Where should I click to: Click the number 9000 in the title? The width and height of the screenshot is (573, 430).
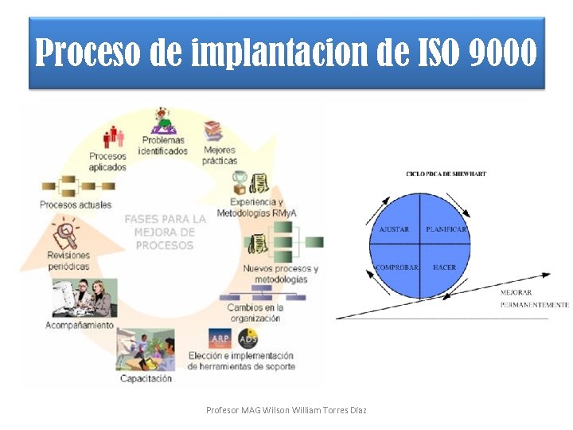pyautogui.click(x=503, y=53)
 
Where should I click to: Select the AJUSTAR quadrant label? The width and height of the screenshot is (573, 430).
pyautogui.click(x=394, y=229)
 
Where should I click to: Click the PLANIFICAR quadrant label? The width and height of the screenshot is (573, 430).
pyautogui.click(x=446, y=229)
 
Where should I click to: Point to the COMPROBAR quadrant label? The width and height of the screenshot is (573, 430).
pyautogui.click(x=396, y=268)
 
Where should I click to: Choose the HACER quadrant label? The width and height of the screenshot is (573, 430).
pyautogui.click(x=444, y=268)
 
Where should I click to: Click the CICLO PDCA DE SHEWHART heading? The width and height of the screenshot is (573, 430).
pyautogui.click(x=446, y=173)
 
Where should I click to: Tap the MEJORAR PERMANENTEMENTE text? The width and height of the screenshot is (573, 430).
pyautogui.click(x=534, y=299)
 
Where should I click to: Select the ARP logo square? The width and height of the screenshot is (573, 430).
pyautogui.click(x=220, y=338)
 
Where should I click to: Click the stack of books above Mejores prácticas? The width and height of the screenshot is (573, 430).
pyautogui.click(x=212, y=130)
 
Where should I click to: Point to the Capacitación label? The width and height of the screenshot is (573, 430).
pyautogui.click(x=146, y=379)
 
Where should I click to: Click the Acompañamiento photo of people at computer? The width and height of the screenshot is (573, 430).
pyautogui.click(x=84, y=299)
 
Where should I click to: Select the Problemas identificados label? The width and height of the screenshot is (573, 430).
pyautogui.click(x=163, y=146)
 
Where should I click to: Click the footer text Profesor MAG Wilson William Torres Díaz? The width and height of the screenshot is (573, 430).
pyautogui.click(x=286, y=410)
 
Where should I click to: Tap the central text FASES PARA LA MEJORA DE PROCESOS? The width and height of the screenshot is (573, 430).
pyautogui.click(x=165, y=232)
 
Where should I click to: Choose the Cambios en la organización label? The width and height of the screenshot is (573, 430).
pyautogui.click(x=254, y=313)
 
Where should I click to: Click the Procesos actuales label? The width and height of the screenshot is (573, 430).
pyautogui.click(x=76, y=205)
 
